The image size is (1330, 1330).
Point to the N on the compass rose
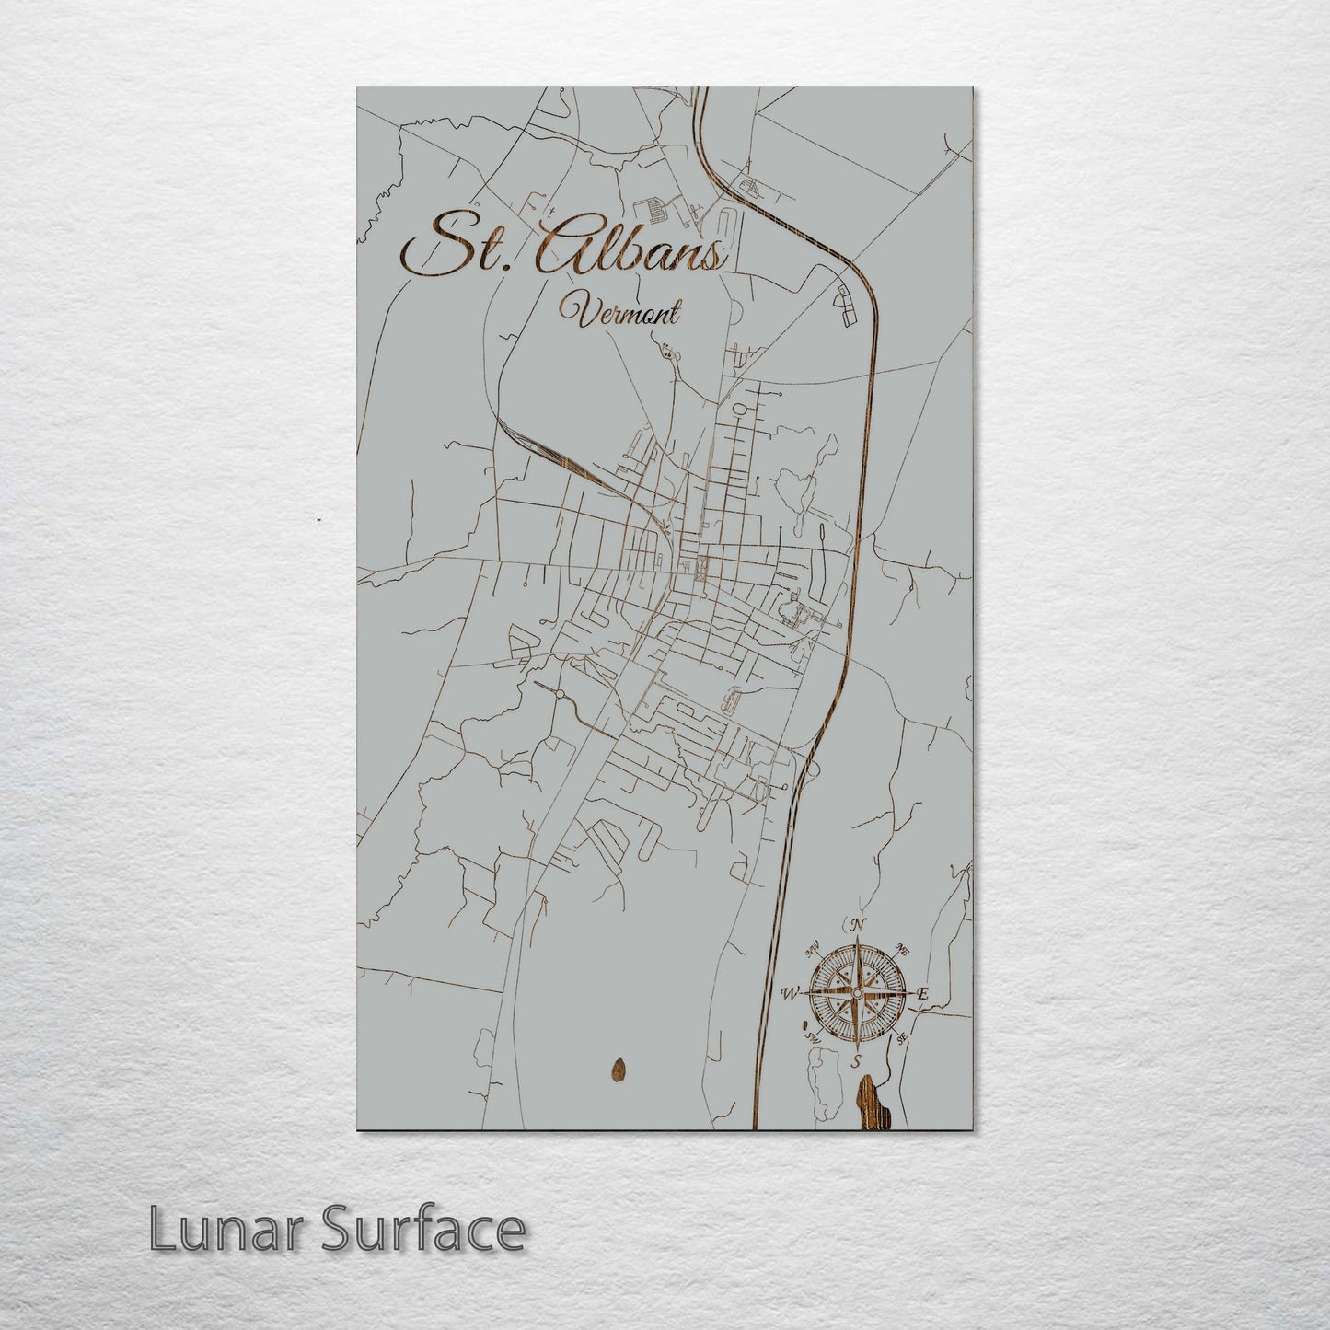click(x=858, y=925)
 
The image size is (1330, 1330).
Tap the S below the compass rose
click(x=856, y=1062)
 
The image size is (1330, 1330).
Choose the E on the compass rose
click(x=922, y=993)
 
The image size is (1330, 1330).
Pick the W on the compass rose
click(x=789, y=993)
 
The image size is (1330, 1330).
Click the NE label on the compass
click(x=904, y=949)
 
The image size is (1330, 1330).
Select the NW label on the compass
click(x=813, y=949)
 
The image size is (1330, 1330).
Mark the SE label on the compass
click(x=903, y=1038)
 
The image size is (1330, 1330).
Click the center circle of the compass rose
click(x=857, y=994)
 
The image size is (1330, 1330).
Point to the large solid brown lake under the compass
click(x=869, y=1104)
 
